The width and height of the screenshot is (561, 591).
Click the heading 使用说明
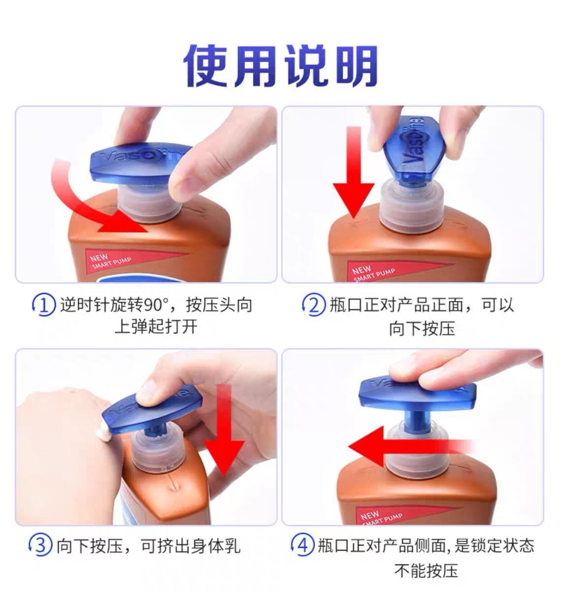(x=280, y=66)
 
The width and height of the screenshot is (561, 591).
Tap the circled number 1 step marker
(x=44, y=305)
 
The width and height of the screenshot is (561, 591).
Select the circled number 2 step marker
(x=313, y=305)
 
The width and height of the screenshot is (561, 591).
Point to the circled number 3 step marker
(x=40, y=545)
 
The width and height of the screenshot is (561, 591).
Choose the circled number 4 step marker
(x=302, y=545)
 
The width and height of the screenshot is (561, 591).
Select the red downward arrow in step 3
(x=224, y=430)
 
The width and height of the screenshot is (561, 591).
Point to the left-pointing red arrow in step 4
(x=412, y=446)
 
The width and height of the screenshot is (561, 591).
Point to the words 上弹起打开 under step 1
(x=156, y=327)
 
